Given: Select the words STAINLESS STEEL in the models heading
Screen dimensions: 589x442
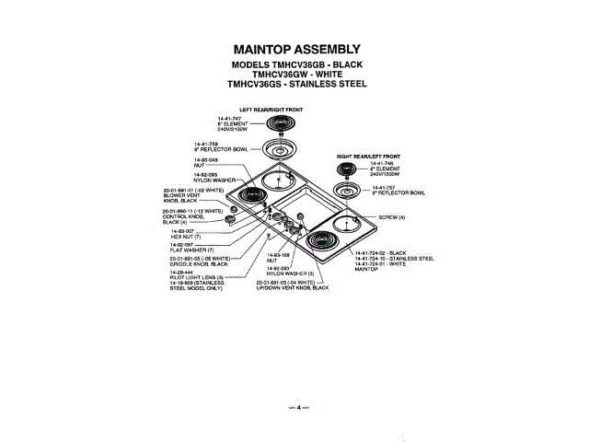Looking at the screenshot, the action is click(327, 83).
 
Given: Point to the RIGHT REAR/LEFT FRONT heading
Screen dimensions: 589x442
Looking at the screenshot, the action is click(367, 157).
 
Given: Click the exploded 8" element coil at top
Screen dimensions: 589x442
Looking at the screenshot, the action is click(282, 126).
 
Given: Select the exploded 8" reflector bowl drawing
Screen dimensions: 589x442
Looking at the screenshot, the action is click(282, 149).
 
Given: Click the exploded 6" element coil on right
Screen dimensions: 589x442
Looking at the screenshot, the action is click(350, 171).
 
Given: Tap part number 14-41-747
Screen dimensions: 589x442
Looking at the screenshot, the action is click(229, 119).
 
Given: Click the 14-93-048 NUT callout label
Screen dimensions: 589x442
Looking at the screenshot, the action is click(205, 159).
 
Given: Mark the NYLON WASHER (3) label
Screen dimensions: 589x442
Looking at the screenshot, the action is click(290, 273).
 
